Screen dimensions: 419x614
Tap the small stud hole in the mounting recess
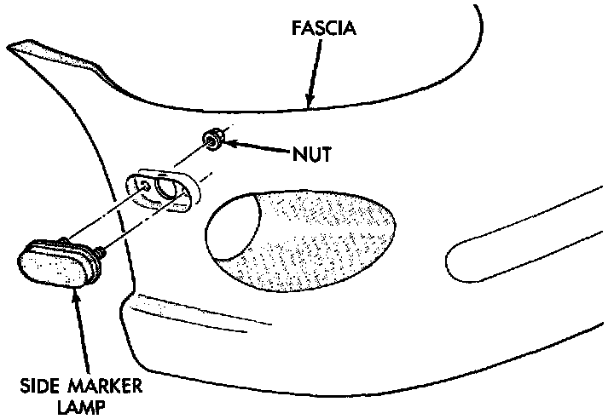pos(147,184)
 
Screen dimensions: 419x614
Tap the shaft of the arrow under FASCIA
pos(316,68)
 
